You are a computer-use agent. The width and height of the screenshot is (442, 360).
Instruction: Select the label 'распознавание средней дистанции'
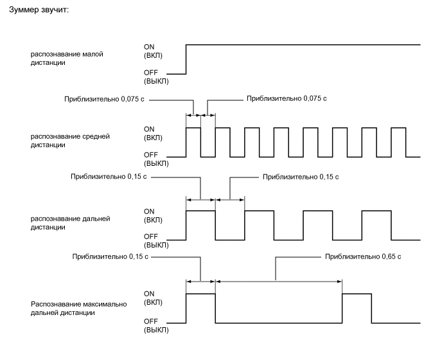pos(62,141)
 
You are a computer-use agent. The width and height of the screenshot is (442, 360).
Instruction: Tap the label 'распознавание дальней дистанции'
pos(62,222)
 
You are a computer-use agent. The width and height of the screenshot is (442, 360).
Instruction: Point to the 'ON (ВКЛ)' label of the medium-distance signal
pos(152,132)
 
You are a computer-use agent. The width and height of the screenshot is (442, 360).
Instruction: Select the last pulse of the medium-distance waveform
pos(398,141)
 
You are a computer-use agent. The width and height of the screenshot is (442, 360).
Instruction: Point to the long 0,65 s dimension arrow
pos(279,280)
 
